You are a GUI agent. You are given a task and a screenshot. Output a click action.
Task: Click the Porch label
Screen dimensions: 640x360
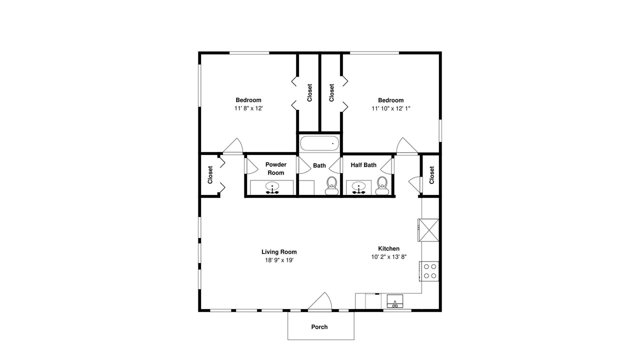[x=319, y=327]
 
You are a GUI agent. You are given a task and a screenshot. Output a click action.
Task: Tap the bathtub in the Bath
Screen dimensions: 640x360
[x=319, y=143]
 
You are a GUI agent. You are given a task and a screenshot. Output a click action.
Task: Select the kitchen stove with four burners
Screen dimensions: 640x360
[x=429, y=271]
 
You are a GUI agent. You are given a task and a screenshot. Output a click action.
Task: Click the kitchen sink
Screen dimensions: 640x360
[x=395, y=301]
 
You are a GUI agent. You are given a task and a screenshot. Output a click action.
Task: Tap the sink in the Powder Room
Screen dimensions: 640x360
[x=272, y=188]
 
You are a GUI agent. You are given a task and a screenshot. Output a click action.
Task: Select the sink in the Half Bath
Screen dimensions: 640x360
[x=359, y=188]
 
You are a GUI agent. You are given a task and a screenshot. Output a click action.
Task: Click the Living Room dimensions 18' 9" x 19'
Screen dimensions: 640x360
[x=279, y=260]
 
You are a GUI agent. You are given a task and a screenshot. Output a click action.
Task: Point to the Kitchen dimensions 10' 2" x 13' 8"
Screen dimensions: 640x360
[x=389, y=257]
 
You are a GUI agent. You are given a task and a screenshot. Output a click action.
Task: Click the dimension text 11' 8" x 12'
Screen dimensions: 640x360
[x=248, y=108]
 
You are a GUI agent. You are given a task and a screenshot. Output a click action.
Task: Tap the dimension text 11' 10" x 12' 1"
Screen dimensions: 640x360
[x=391, y=108]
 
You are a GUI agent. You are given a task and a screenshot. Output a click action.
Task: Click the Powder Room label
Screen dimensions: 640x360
[x=275, y=168]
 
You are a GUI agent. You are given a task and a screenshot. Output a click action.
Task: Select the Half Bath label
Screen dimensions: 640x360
[x=363, y=165]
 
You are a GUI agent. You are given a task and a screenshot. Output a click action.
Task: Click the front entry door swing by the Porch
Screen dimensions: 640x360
[x=320, y=301]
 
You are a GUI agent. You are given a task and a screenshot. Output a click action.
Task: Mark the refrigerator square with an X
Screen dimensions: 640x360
[x=428, y=230]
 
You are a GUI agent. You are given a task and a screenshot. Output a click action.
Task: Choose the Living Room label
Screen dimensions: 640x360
[x=279, y=251]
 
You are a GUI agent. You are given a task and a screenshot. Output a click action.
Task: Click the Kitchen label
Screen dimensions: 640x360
[x=389, y=248]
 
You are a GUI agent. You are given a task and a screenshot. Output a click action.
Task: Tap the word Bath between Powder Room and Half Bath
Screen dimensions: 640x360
[x=319, y=165]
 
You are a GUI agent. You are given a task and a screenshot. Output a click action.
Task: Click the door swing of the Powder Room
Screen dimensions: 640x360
[x=251, y=165]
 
